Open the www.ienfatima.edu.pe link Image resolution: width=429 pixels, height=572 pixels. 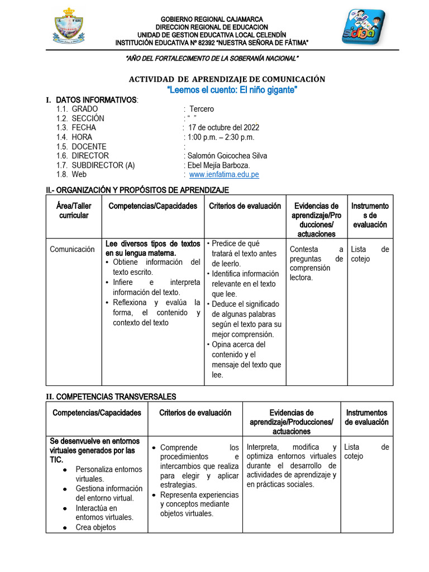(224, 174)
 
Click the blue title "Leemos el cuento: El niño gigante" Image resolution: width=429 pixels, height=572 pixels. (232, 90)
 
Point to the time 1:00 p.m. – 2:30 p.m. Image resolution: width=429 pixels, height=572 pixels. (219, 137)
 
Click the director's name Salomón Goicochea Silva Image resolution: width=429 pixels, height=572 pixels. (227, 156)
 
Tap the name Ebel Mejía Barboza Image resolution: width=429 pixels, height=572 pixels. (218, 165)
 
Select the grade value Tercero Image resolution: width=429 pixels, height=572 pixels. (202, 109)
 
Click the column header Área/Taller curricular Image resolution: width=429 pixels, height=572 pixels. (74, 211)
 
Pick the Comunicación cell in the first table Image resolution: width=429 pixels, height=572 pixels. (72, 249)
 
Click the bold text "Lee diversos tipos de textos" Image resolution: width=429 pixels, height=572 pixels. (152, 244)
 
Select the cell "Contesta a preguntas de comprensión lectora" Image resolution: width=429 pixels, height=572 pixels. (316, 263)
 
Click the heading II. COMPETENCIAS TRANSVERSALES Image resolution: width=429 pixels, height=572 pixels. (111, 397)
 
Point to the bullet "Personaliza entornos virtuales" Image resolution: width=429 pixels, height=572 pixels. (108, 474)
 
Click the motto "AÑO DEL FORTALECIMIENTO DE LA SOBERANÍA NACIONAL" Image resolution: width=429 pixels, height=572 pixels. (212, 59)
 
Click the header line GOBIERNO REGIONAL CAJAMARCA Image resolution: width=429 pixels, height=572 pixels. (212, 20)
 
